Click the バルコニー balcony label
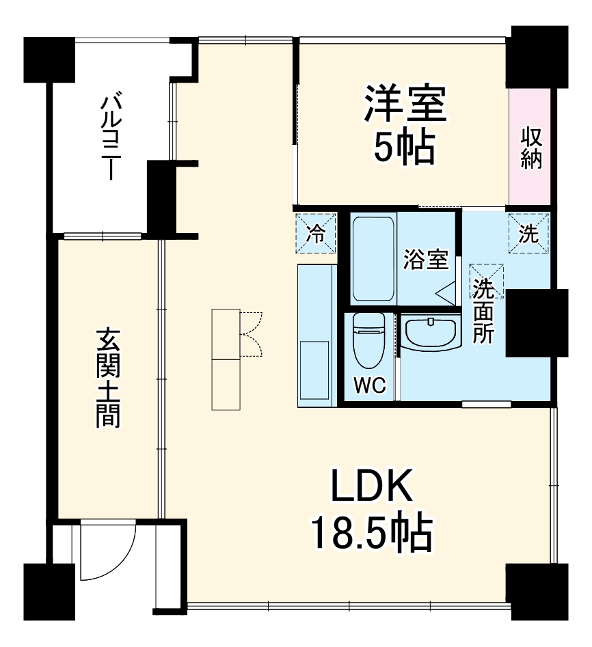tap(109, 137)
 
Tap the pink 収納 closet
tap(530, 147)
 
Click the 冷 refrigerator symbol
tap(317, 234)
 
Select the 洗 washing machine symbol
tap(528, 234)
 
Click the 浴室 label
tap(425, 260)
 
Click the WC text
tap(369, 386)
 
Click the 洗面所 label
tap(485, 311)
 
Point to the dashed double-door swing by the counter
tap(251, 335)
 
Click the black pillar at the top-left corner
tap(49, 59)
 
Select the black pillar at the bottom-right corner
tap(537, 592)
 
